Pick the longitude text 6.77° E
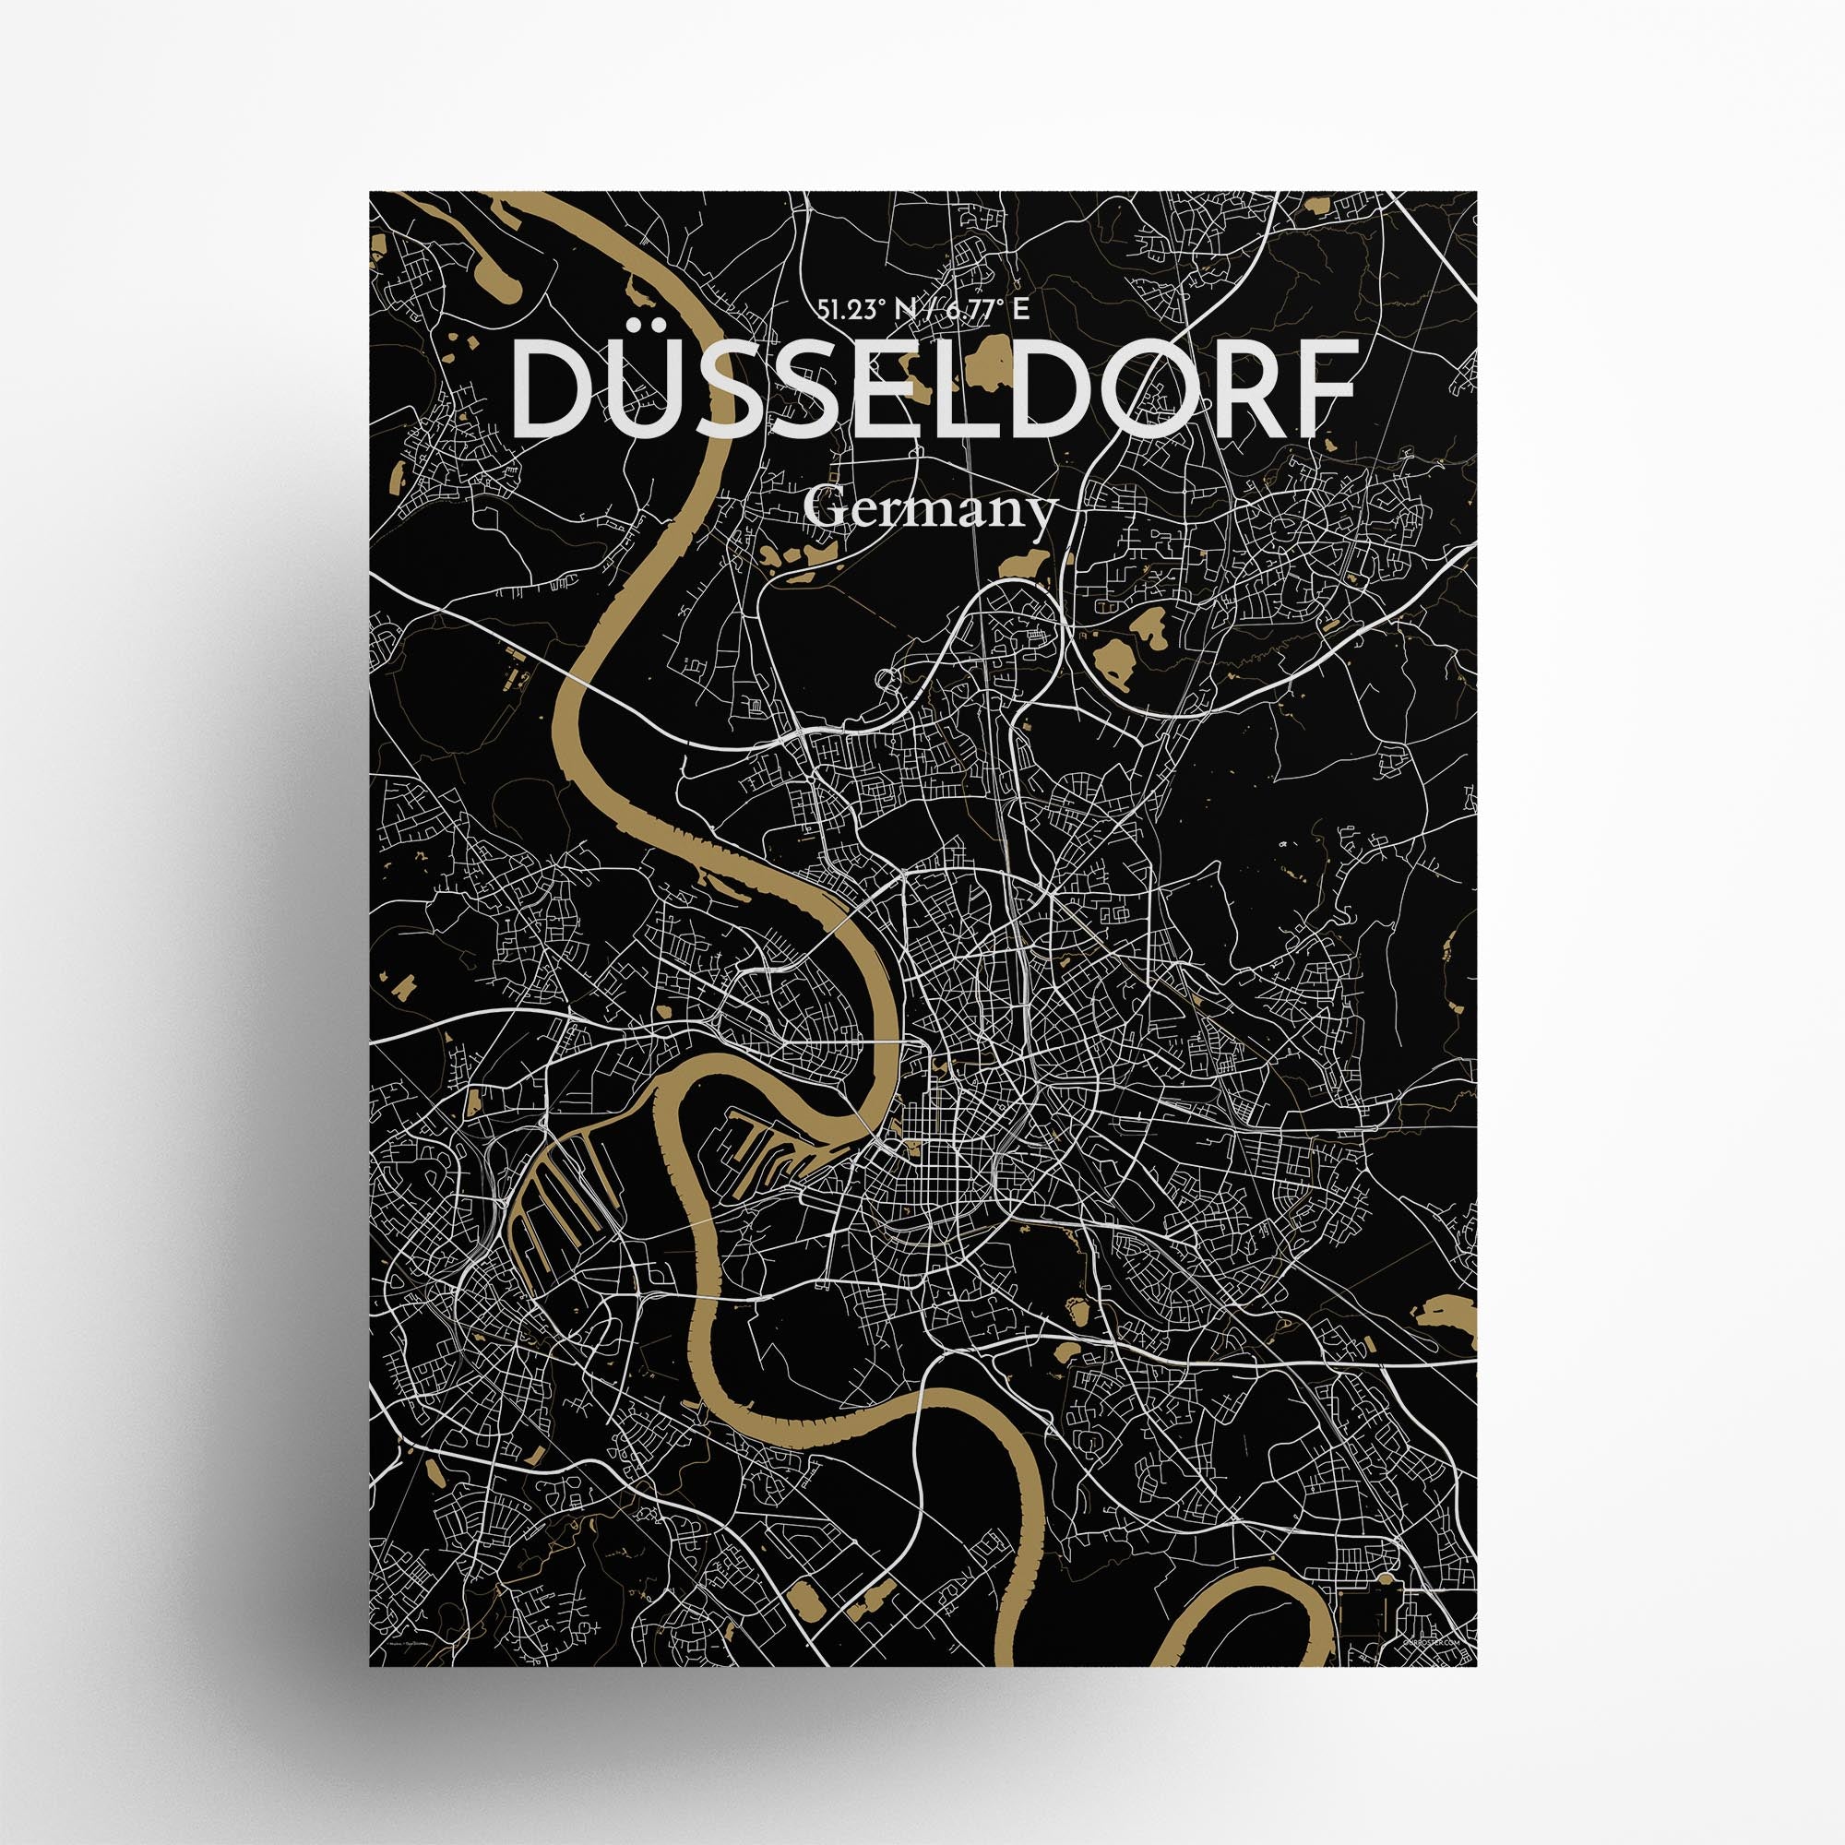[x=977, y=281]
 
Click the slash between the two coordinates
[x=911, y=281]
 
